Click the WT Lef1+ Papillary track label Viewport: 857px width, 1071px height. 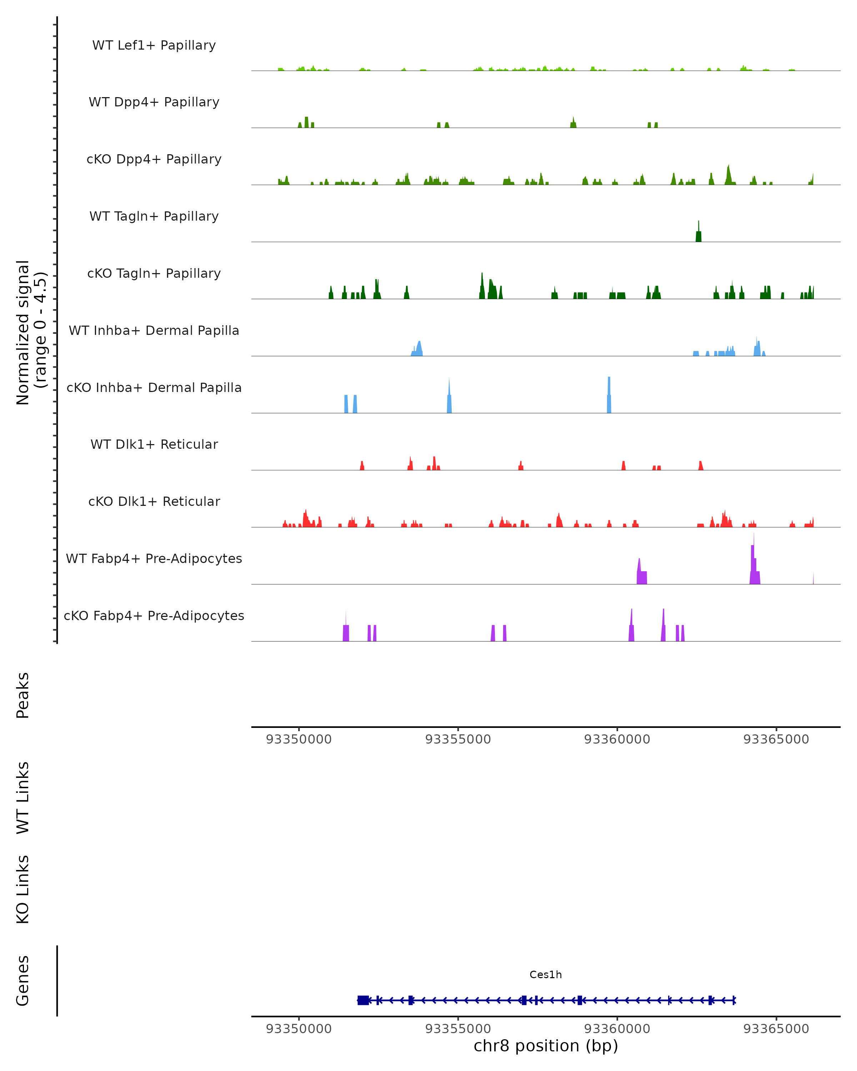[154, 45]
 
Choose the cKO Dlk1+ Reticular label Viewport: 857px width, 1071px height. [154, 501]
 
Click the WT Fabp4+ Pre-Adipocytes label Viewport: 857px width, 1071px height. [154, 558]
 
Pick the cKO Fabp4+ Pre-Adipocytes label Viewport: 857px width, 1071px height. [154, 615]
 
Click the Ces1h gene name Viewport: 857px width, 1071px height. [546, 975]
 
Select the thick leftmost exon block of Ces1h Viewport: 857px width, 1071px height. [363, 1000]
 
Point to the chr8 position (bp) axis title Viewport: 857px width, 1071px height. [546, 1046]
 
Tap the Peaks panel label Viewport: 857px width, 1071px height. [23, 695]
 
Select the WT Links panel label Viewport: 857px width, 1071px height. [23, 797]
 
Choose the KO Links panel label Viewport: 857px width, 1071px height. [23, 889]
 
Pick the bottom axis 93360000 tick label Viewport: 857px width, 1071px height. [617, 1029]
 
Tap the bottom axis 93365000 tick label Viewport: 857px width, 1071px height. [776, 1029]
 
